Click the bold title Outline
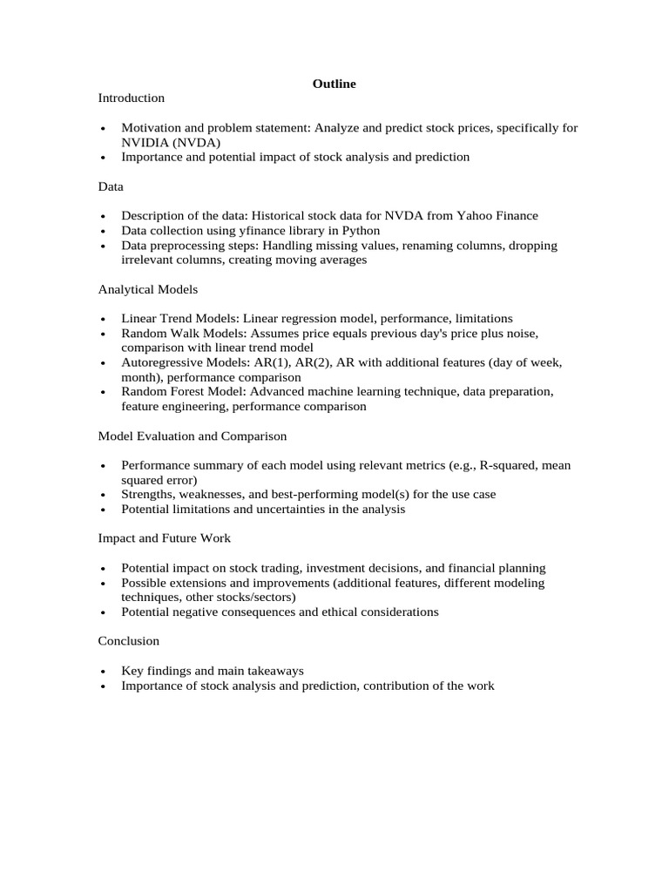coord(334,84)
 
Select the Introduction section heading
coord(131,98)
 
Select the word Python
coord(361,231)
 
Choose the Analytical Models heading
coord(147,289)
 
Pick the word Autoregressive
coord(160,362)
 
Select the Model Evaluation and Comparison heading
coord(192,436)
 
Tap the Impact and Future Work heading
coord(164,538)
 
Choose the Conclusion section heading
coord(128,641)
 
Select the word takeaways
coord(274,671)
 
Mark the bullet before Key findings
coord(103,672)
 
